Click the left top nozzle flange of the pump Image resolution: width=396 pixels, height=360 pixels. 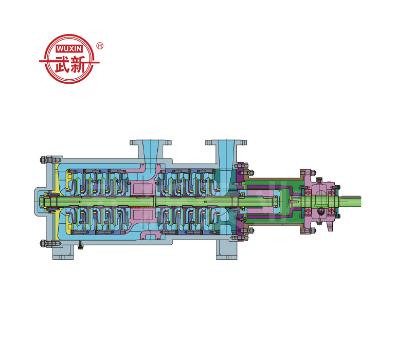[150, 142]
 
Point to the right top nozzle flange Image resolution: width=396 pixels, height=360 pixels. [226, 142]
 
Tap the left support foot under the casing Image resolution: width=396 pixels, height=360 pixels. [63, 253]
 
